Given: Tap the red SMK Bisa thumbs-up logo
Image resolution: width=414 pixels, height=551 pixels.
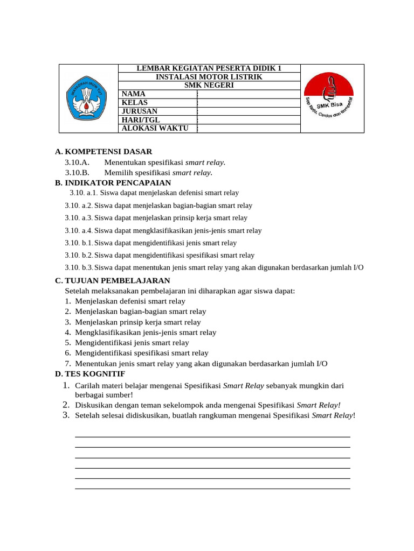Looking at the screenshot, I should pos(328,98).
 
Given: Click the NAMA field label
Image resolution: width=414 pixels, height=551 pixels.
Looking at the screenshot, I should pos(134,94).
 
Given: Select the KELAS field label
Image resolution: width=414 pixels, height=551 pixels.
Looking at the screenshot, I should pos(135,103).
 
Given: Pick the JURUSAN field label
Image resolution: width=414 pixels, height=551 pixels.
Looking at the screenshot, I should pos(140,111).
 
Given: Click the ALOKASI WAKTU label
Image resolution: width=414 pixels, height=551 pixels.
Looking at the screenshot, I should pos(155,129).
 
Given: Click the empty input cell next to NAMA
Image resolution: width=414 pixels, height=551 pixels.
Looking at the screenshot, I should pos(249,94).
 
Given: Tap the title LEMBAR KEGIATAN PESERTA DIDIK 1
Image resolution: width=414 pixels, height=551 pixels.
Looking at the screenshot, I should pos(209,68).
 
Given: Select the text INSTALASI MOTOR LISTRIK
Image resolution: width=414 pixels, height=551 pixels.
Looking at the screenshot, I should pos(209,77).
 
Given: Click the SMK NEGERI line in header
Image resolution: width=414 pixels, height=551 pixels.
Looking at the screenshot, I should pos(209,86).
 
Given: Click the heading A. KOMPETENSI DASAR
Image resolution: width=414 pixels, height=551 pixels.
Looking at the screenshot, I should pos(103,152).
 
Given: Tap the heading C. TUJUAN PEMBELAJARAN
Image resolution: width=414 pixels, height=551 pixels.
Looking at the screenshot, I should pos(113,281).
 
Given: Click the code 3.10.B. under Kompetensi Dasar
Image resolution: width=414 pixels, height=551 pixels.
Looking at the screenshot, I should pos(77,173).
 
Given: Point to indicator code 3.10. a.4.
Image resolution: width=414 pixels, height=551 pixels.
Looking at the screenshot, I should pos(79,231).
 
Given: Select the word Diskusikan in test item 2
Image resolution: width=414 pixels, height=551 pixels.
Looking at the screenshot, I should pos(94,405).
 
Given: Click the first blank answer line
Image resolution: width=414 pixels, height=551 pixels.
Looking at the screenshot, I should pos(212,437).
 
